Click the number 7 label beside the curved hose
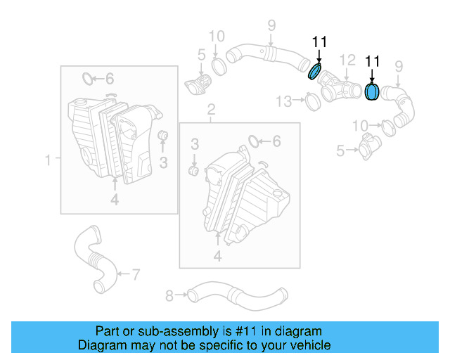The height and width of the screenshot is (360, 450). point(136,273)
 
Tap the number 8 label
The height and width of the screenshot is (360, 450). point(169,295)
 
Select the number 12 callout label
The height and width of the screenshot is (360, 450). point(348,60)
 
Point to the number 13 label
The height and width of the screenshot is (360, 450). point(283,102)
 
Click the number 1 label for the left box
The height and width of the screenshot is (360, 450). point(49,161)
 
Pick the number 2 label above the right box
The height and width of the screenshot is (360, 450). point(210,109)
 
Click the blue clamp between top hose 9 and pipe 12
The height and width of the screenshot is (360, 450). point(316,72)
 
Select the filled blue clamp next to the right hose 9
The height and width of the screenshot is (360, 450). point(372,92)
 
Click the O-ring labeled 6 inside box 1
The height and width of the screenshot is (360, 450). point(87,77)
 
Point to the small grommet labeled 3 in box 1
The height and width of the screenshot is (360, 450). point(162,136)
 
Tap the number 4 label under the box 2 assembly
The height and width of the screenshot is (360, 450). point(217,257)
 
